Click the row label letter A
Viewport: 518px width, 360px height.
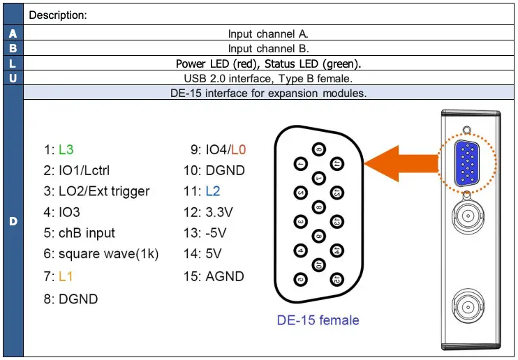point(13,33)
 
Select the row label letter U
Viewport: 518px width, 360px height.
point(13,78)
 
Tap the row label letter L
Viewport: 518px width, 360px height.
point(13,63)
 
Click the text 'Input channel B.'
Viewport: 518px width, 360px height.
point(268,48)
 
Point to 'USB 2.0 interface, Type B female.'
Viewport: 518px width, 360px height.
point(268,78)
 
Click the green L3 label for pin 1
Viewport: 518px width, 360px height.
point(66,149)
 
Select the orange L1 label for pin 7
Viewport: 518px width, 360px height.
point(66,277)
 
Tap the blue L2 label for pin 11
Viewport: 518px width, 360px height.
point(214,191)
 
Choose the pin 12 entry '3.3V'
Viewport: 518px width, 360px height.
point(221,212)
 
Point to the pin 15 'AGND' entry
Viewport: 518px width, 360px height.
point(224,276)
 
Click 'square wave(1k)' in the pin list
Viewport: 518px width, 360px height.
point(108,255)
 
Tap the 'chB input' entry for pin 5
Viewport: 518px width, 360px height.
point(87,233)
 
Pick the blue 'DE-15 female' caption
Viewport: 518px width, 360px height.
point(318,320)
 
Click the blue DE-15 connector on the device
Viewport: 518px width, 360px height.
point(465,163)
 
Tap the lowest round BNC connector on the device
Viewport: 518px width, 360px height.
point(465,305)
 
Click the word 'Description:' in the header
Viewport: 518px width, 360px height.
point(58,15)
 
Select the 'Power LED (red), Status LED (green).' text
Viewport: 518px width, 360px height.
point(268,63)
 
